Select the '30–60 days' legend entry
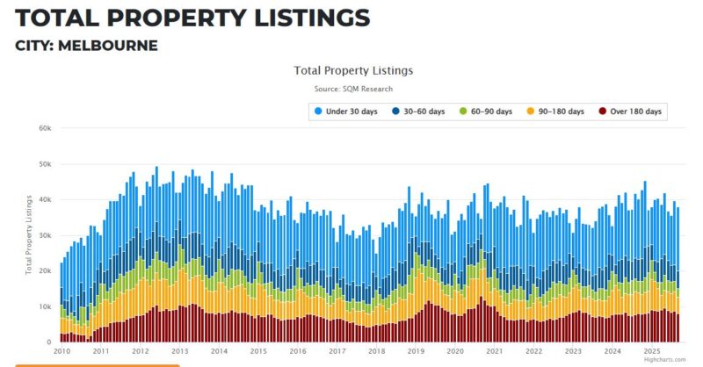click(425, 112)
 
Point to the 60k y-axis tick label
click(44, 127)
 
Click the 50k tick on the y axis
click(44, 163)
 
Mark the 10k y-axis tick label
click(44, 306)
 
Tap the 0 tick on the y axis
click(49, 342)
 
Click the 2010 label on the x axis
click(62, 351)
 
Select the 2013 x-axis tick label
click(179, 351)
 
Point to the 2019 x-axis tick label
click(416, 351)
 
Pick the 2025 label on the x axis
click(652, 351)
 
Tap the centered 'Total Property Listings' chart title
click(353, 70)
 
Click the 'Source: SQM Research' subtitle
click(353, 89)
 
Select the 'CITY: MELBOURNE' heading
click(87, 45)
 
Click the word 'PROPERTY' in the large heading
click(179, 17)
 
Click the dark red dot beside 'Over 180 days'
click(602, 112)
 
